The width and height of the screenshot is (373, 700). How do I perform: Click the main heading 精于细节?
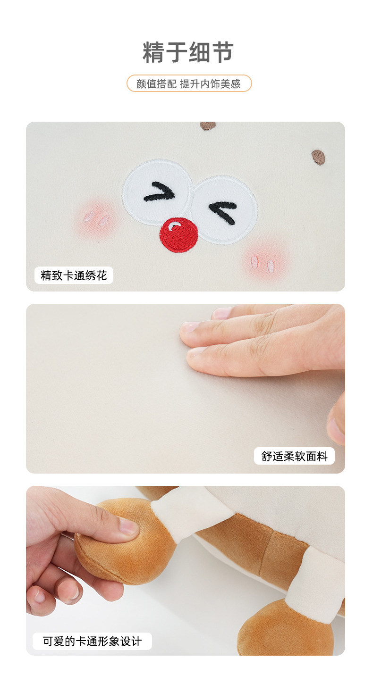point(188,52)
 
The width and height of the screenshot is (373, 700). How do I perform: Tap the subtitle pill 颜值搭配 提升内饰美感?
point(189,83)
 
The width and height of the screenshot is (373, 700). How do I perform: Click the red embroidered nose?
point(178,234)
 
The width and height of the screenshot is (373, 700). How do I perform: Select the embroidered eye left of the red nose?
point(157,192)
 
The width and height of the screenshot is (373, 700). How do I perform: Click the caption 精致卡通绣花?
point(74,275)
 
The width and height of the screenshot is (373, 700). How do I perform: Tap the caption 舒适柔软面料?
point(294,456)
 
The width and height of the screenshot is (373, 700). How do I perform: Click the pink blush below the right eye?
point(265,259)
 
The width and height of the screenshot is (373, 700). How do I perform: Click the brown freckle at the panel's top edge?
point(208,125)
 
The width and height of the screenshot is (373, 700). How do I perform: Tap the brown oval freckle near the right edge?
point(318,157)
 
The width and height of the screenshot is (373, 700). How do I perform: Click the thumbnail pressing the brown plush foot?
point(128,525)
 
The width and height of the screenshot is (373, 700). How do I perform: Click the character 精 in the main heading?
point(153,52)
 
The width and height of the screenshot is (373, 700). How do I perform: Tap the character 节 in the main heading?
point(223,52)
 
